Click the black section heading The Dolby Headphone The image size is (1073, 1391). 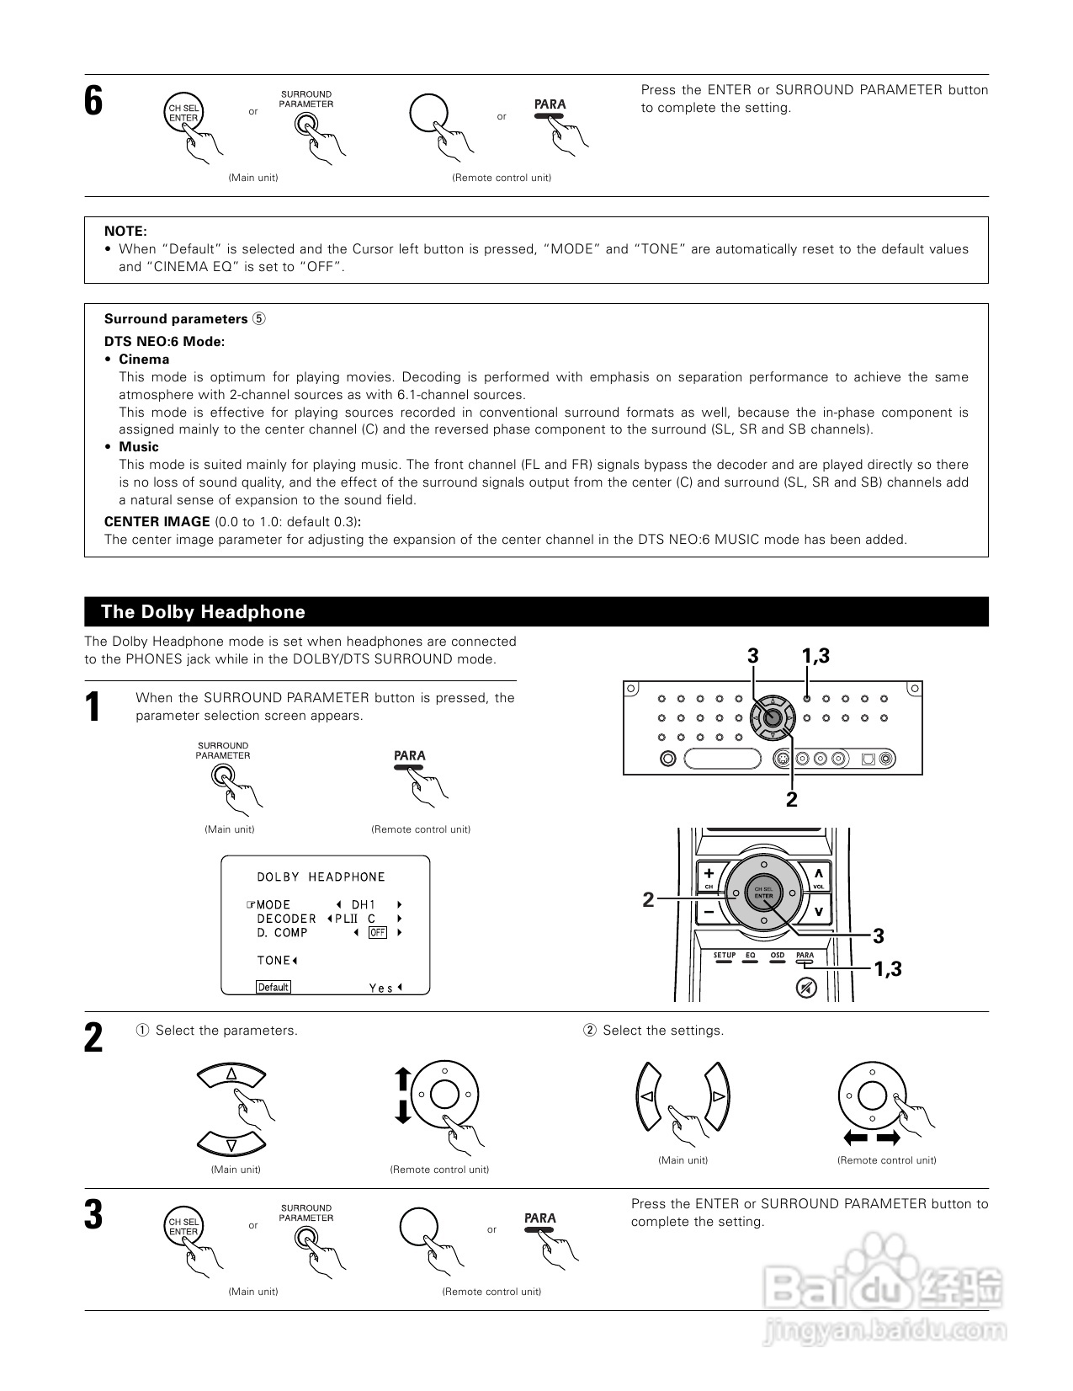[x=203, y=612]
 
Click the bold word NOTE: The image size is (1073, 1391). [x=125, y=231]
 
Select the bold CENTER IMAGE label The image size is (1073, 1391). [x=157, y=522]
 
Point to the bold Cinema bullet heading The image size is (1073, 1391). [x=143, y=360]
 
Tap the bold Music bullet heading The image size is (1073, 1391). [x=138, y=447]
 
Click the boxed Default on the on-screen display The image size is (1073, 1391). [x=274, y=987]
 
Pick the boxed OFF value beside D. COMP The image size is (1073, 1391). [x=378, y=933]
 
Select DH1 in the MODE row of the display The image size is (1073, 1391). [x=364, y=905]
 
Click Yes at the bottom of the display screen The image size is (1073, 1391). [x=381, y=988]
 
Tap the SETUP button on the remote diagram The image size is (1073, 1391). [x=725, y=958]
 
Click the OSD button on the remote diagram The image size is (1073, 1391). [x=777, y=958]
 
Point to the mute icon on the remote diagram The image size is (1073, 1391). [x=806, y=988]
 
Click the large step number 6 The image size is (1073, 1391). [x=93, y=102]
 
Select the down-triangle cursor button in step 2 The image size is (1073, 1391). [x=231, y=1144]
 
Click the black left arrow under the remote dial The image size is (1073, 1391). [x=856, y=1138]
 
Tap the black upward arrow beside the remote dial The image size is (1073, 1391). [x=402, y=1079]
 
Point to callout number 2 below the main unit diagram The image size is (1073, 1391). [x=791, y=800]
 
